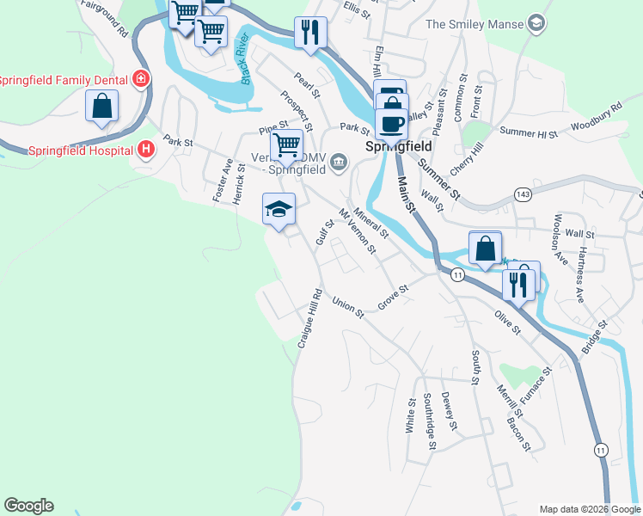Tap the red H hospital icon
[x=147, y=149]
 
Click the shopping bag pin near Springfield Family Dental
[x=101, y=107]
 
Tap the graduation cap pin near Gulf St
[x=278, y=209]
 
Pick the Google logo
[x=28, y=506]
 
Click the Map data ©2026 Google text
[x=589, y=509]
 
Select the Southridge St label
[x=429, y=421]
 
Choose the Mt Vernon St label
[x=358, y=231]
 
